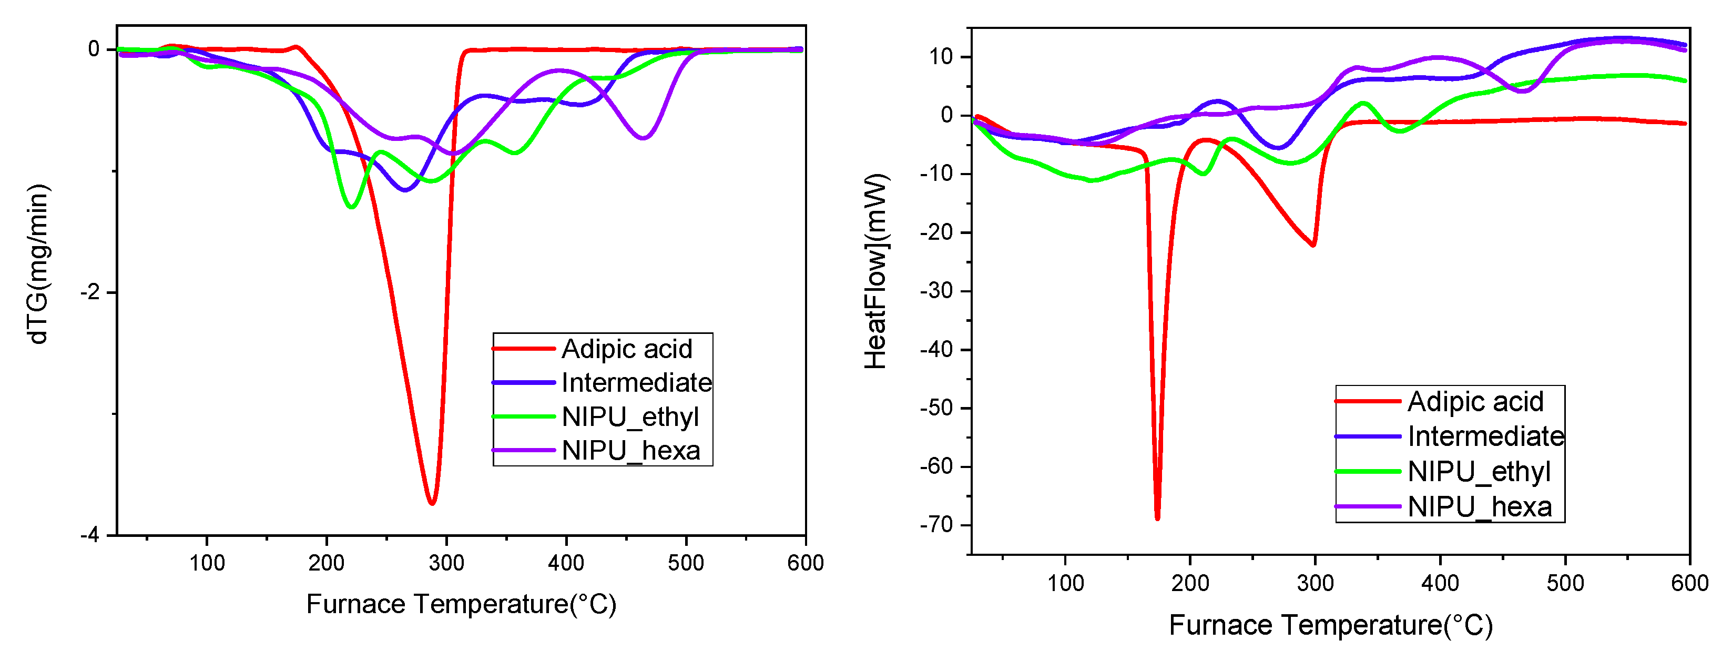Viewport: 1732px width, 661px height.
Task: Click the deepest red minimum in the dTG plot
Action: pyautogui.click(x=432, y=502)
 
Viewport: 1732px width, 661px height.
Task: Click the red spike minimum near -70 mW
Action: pyautogui.click(x=1157, y=518)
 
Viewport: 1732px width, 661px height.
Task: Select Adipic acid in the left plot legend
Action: pyautogui.click(x=627, y=349)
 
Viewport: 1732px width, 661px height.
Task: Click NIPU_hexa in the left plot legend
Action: pyautogui.click(x=630, y=451)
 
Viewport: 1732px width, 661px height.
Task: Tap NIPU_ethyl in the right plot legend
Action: pyautogui.click(x=1479, y=471)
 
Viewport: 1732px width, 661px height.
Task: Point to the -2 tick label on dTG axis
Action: pyautogui.click(x=89, y=292)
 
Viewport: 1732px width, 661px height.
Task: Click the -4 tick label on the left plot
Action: pyautogui.click(x=89, y=535)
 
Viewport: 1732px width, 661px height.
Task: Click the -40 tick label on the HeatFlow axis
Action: pyautogui.click(x=936, y=350)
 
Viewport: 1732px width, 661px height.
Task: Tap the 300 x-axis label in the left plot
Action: pyautogui.click(x=446, y=563)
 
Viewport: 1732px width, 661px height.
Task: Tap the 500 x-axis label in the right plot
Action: pyautogui.click(x=1565, y=583)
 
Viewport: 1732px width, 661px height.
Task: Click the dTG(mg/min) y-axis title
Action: pyautogui.click(x=39, y=263)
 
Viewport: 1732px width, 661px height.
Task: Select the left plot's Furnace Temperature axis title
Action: pyautogui.click(x=461, y=604)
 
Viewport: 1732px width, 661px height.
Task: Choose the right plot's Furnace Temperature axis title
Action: pyautogui.click(x=1331, y=625)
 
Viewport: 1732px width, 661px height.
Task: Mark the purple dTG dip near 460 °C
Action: pyautogui.click(x=644, y=138)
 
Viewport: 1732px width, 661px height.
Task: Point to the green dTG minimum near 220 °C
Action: pyautogui.click(x=350, y=207)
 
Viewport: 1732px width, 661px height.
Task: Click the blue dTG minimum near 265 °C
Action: pyautogui.click(x=405, y=190)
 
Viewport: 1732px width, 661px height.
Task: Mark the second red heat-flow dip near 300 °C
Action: pyautogui.click(x=1312, y=245)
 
